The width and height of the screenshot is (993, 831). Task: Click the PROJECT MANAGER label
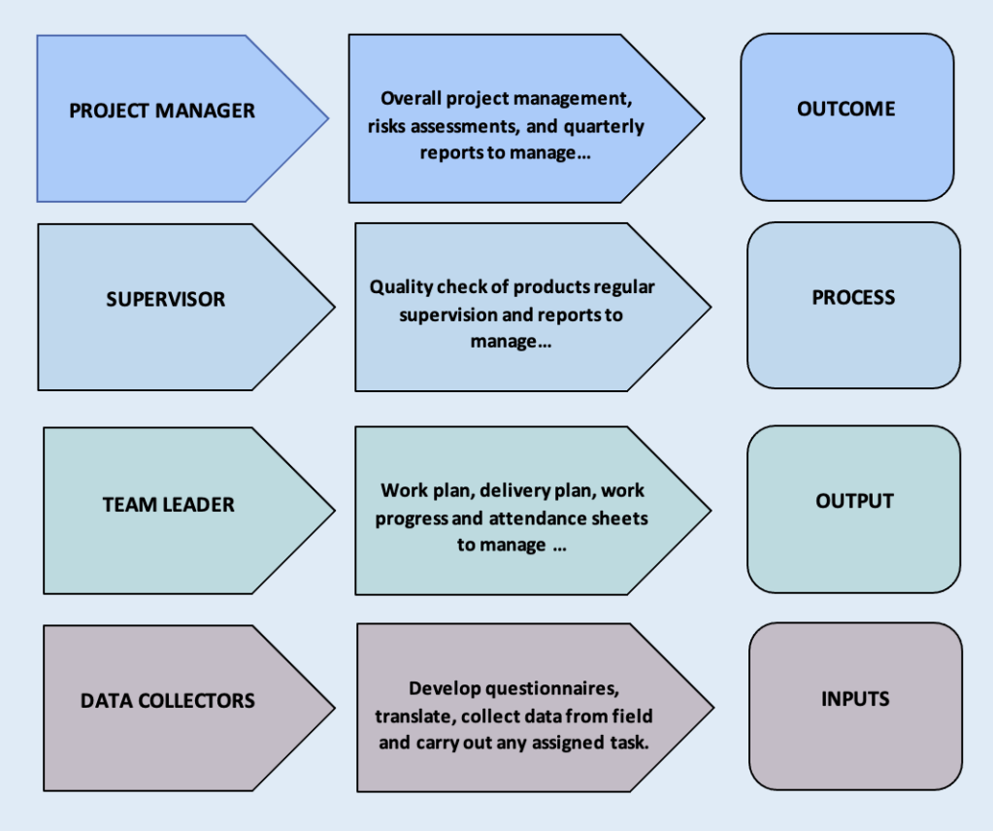click(x=162, y=111)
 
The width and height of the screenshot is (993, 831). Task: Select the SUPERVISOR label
click(x=165, y=299)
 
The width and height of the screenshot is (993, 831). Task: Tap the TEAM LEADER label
click(x=169, y=505)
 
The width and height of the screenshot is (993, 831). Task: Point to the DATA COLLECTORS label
click(x=168, y=700)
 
